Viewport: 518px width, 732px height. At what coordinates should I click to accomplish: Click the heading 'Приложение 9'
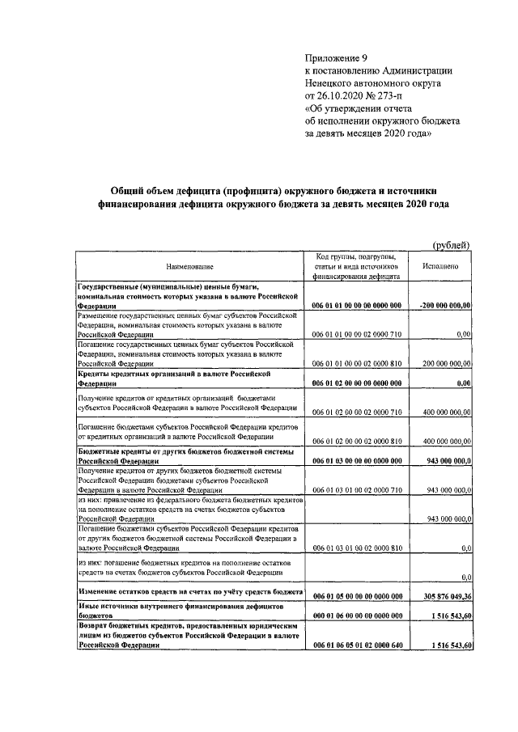(335, 57)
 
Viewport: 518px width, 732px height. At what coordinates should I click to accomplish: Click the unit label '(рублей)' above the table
(450, 245)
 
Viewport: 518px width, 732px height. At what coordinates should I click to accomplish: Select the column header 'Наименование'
(190, 265)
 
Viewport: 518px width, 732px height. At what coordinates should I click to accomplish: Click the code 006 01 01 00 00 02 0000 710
(357, 332)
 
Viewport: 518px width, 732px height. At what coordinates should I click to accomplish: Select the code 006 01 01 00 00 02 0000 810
(357, 364)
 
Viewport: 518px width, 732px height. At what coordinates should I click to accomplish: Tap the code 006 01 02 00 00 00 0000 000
(357, 385)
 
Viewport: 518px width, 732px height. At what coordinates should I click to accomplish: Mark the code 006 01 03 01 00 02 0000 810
(357, 548)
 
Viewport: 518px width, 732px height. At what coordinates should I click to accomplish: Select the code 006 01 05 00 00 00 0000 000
(357, 595)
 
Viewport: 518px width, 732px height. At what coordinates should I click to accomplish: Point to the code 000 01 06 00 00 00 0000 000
(357, 616)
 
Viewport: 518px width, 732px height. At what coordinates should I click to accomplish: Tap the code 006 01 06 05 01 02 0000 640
(357, 645)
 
